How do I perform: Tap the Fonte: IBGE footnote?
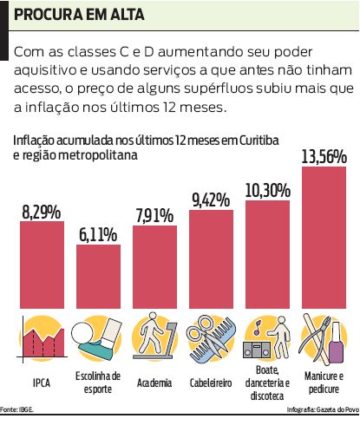point(18,408)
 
